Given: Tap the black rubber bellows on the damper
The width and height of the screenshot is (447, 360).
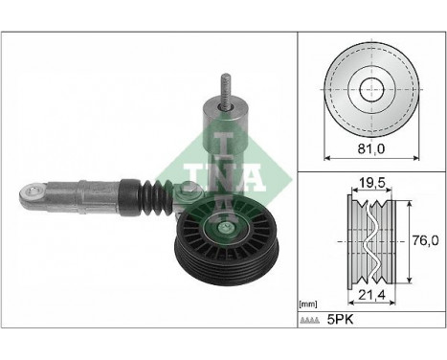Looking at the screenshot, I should (x=154, y=195).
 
